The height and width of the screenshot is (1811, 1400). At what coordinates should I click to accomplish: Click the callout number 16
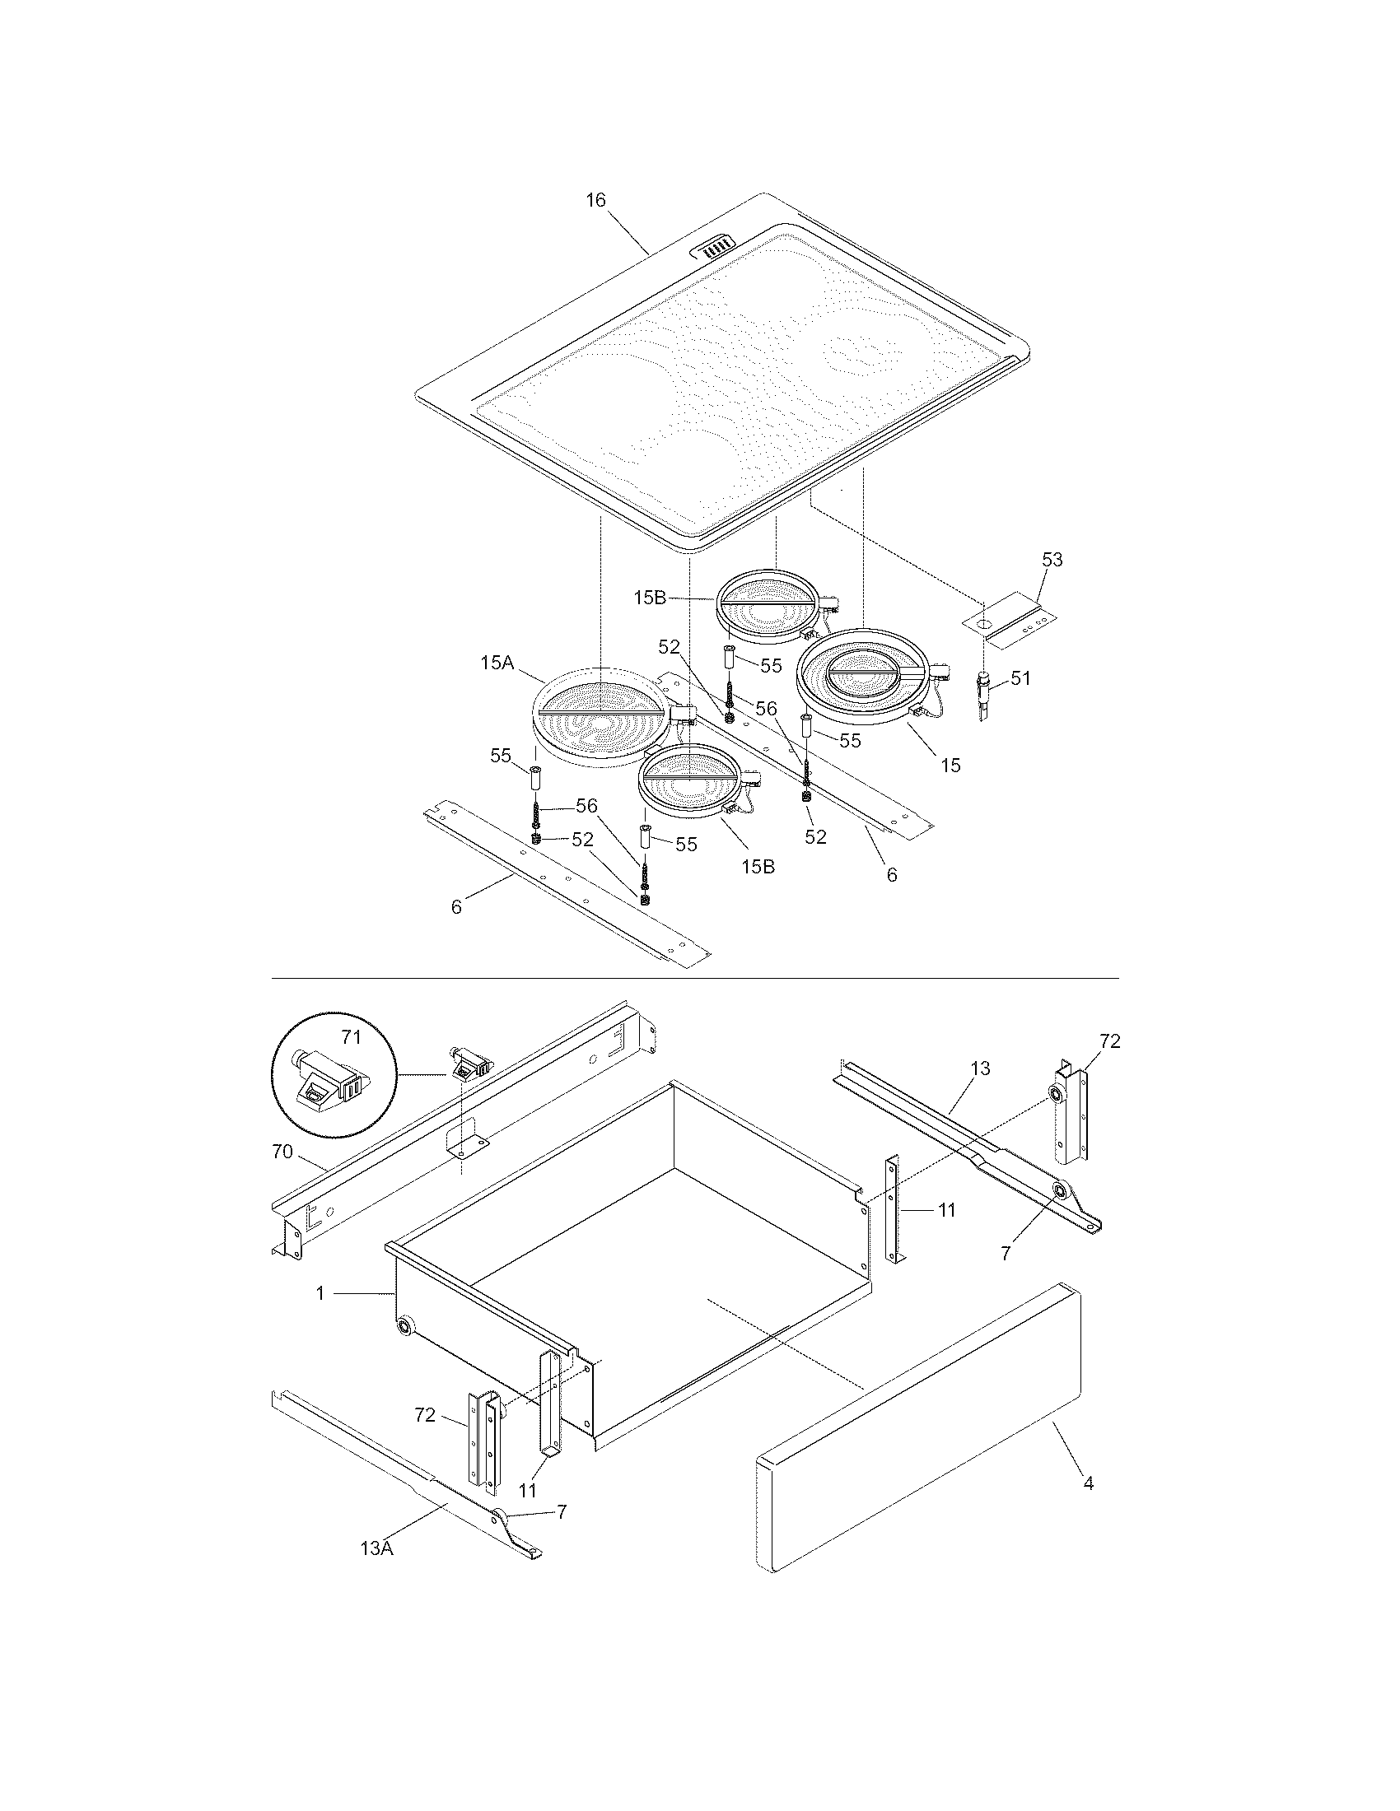click(595, 200)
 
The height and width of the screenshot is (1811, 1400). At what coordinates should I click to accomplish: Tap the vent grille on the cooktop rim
click(714, 246)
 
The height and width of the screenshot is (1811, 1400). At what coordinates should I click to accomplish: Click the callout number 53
click(1052, 560)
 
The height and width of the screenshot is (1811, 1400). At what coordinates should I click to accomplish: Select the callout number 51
click(1020, 677)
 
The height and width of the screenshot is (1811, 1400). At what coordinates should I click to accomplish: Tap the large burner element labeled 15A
click(597, 714)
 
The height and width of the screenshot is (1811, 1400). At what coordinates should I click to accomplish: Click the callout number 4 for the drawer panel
click(1088, 1483)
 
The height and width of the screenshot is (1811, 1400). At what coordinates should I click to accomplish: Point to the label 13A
click(376, 1548)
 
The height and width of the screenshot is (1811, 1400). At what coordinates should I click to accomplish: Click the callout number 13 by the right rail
click(979, 1068)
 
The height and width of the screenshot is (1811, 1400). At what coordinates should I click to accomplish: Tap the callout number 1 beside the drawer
click(320, 1292)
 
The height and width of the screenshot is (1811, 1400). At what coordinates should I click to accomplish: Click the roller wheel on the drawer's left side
click(404, 1327)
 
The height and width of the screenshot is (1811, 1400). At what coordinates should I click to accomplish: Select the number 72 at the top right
click(1110, 1041)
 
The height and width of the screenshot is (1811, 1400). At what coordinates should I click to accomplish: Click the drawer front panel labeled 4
click(921, 1435)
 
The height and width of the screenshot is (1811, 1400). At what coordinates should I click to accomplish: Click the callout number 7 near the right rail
click(1006, 1254)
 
